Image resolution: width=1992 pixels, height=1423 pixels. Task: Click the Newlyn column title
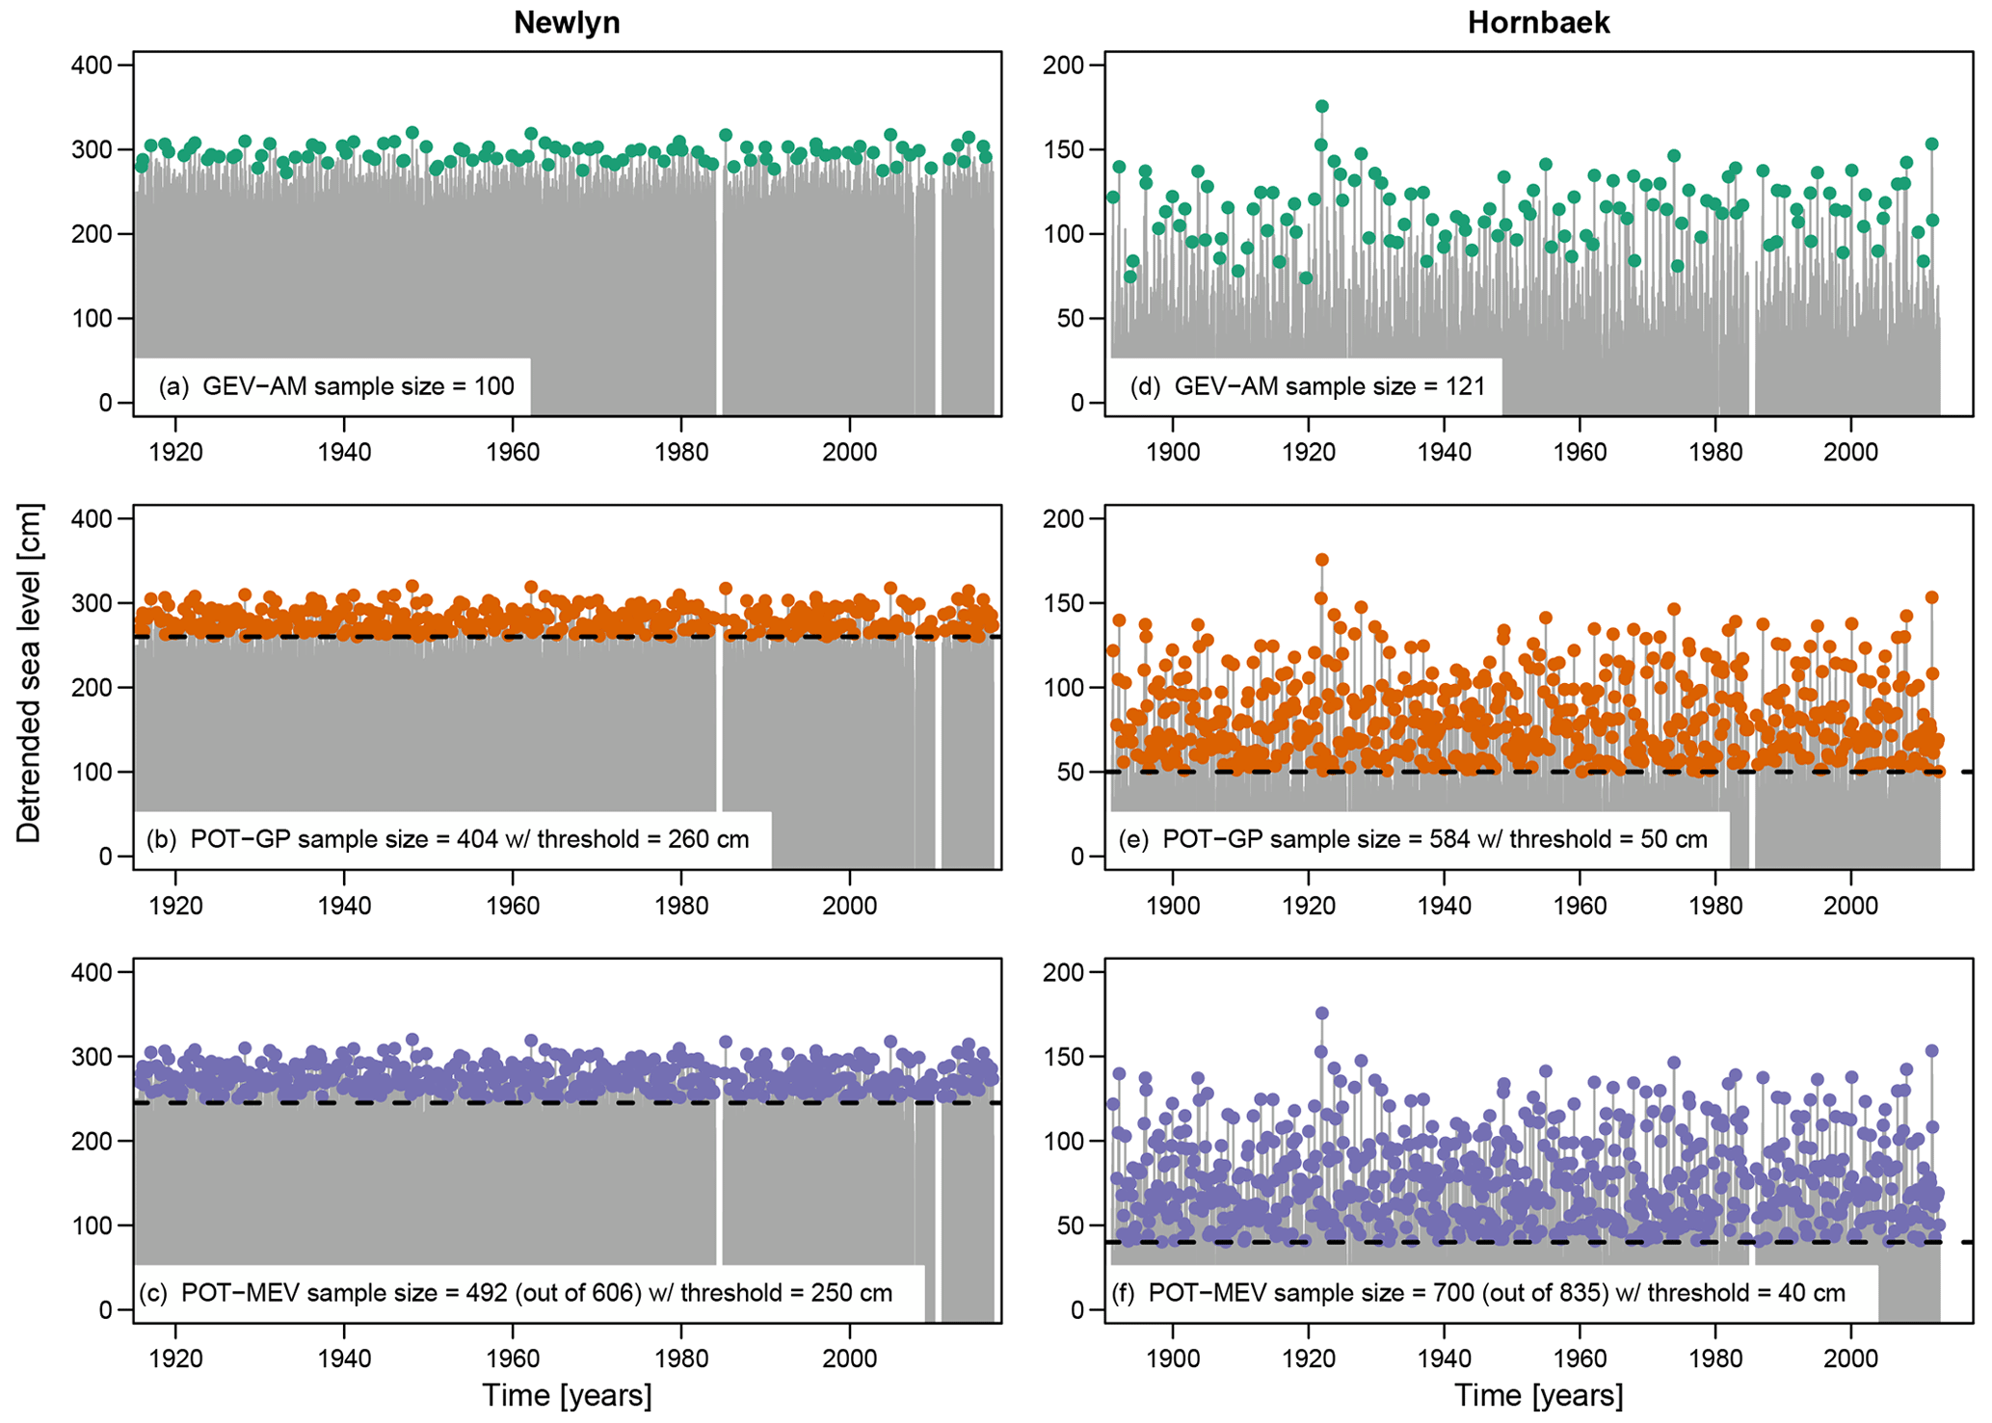567,23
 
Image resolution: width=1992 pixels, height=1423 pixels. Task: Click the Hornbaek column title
1538,23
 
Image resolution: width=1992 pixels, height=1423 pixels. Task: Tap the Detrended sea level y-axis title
29,672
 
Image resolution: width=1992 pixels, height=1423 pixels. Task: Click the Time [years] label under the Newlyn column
567,1395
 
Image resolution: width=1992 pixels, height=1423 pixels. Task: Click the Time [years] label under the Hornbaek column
1538,1395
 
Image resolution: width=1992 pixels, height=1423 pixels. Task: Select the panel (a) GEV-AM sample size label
336,386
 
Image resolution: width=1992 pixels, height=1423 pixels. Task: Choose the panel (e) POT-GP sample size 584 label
1413,839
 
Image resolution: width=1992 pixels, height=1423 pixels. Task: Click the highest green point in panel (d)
1322,107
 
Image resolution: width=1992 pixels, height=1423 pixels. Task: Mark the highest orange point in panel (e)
1322,560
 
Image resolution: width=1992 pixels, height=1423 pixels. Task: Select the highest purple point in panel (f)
1322,1014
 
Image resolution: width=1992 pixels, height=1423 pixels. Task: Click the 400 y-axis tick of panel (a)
93,66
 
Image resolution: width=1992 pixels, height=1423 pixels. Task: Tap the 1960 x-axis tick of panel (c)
513,1358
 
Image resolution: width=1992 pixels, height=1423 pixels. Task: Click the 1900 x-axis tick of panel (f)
1173,1358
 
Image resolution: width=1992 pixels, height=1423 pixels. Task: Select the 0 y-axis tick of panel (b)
104,856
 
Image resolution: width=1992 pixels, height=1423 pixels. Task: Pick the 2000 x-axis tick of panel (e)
1850,906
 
